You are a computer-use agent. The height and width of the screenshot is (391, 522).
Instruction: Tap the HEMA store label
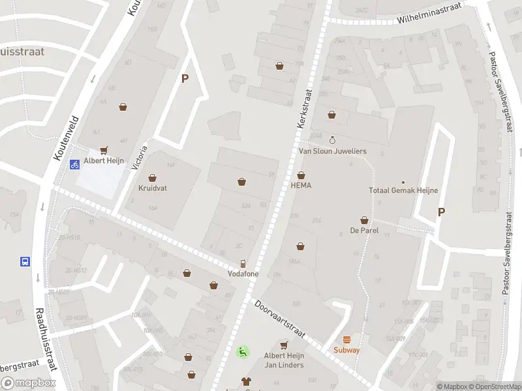click(x=301, y=186)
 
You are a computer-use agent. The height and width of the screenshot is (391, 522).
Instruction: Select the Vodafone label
click(x=243, y=274)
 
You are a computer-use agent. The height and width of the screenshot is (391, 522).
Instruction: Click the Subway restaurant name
click(x=346, y=350)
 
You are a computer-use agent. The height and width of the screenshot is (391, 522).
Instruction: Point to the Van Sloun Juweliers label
click(x=332, y=151)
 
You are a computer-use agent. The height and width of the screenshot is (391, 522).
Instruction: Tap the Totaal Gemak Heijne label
click(x=403, y=191)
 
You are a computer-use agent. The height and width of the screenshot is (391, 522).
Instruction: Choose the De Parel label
click(x=364, y=231)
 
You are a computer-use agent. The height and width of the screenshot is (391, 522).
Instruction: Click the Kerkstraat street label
click(x=305, y=108)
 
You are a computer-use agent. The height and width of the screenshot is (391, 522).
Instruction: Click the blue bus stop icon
click(x=25, y=262)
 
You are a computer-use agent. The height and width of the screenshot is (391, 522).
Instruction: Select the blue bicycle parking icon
click(x=75, y=164)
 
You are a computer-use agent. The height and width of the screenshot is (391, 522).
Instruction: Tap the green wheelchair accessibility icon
click(x=242, y=352)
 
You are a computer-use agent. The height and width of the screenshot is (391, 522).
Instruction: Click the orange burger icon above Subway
click(x=346, y=339)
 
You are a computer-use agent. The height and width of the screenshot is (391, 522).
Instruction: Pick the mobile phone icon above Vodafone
click(x=243, y=263)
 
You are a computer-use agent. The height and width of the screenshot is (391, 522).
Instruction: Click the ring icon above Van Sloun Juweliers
click(x=332, y=140)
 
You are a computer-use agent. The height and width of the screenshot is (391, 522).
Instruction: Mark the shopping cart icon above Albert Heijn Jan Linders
click(x=284, y=344)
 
